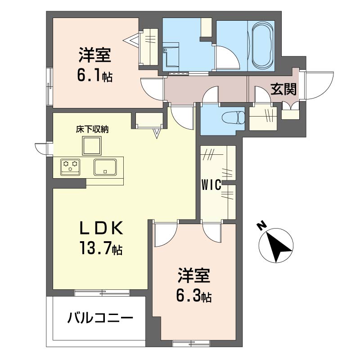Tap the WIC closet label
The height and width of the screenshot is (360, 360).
[211, 185]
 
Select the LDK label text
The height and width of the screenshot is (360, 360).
[101, 229]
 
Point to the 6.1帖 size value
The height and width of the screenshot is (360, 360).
[94, 76]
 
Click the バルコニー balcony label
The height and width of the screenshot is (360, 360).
[100, 319]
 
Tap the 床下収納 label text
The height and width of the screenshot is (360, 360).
[92, 129]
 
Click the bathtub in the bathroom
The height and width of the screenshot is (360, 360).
[262, 45]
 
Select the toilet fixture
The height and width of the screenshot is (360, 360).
[233, 118]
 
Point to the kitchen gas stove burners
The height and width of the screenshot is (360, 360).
[71, 167]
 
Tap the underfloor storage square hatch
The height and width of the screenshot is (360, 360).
[92, 145]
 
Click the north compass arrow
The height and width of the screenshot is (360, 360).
[277, 246]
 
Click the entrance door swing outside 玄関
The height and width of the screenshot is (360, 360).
[319, 84]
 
